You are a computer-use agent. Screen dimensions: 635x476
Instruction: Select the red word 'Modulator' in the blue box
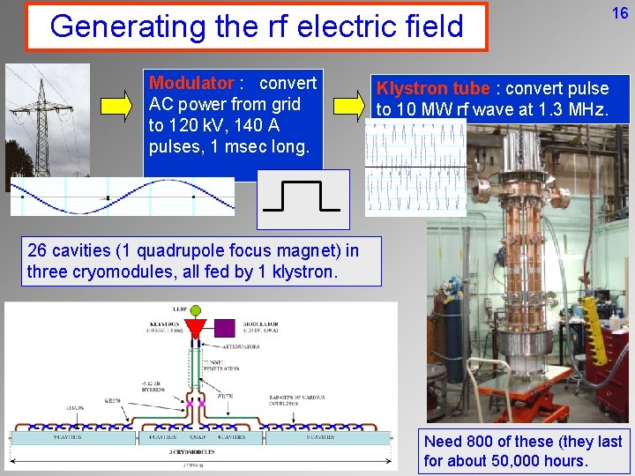pos(190,83)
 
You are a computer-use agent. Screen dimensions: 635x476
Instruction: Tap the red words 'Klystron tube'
pos(433,88)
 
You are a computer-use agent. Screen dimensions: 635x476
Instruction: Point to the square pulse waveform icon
pos(303,198)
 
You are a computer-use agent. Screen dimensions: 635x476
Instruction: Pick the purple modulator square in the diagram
pos(225,327)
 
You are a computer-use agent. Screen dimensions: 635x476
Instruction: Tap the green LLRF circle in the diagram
pos(195,310)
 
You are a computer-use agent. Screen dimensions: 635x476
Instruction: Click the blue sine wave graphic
pos(122,197)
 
